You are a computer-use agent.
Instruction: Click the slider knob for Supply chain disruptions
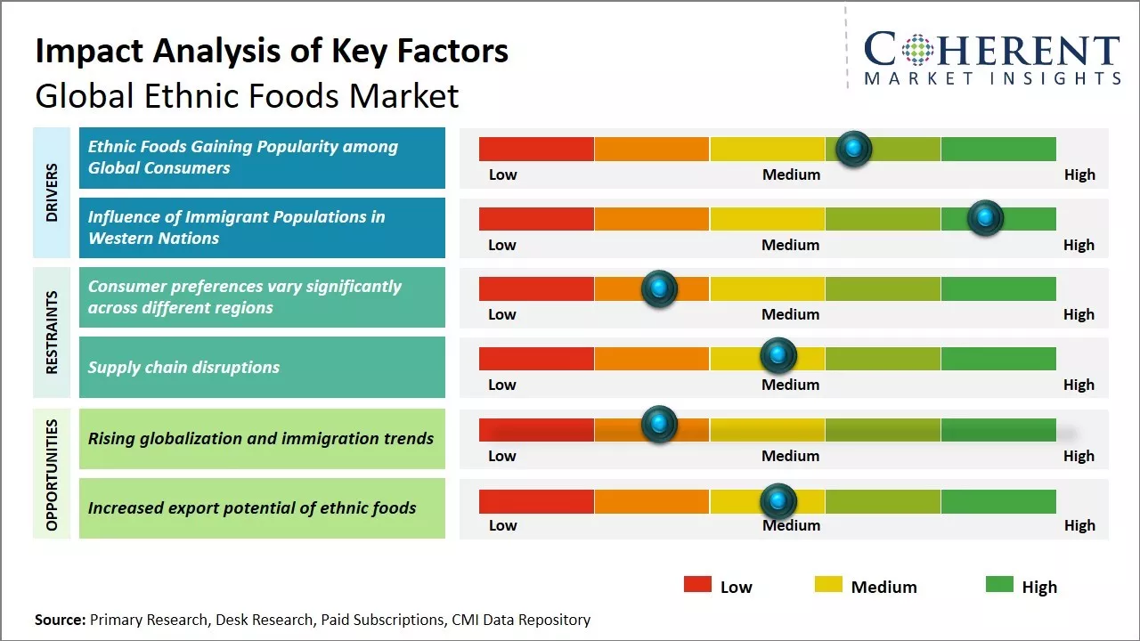(778, 356)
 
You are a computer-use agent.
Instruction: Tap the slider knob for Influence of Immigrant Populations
(985, 217)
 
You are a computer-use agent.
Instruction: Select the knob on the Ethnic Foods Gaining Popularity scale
(854, 148)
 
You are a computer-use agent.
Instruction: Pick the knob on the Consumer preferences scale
(659, 288)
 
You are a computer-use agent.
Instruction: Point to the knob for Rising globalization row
(659, 425)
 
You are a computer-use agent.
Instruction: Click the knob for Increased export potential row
(778, 501)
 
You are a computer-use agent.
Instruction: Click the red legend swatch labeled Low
(697, 584)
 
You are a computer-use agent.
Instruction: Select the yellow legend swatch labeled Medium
(828, 584)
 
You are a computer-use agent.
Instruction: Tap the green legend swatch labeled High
(999, 584)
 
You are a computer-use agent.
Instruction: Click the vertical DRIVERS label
(52, 192)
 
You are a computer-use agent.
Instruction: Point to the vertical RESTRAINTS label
(52, 332)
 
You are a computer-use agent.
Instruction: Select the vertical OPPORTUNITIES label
(52, 475)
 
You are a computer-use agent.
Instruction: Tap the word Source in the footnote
(60, 620)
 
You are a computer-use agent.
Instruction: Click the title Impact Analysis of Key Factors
(272, 52)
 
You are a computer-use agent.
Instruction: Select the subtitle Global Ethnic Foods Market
(247, 95)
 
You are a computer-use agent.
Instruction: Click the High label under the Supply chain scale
(1079, 385)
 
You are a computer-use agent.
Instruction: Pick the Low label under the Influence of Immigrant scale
(502, 245)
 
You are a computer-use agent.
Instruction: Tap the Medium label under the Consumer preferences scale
(790, 314)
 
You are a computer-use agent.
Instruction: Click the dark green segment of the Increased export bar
(997, 501)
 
